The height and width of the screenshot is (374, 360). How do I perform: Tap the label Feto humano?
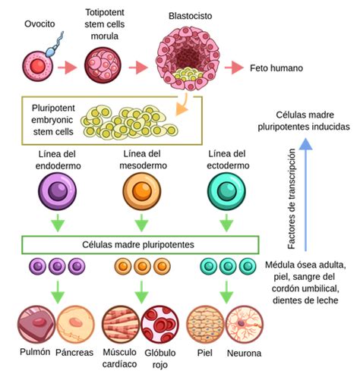pos(276,68)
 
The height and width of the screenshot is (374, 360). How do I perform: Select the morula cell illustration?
pos(103,65)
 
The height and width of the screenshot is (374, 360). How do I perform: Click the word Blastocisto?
pos(191,16)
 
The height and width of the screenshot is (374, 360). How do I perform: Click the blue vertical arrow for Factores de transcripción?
pos(305,194)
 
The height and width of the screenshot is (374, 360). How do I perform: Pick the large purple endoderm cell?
pos(58,191)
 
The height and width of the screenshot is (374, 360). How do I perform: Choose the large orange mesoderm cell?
pos(142,191)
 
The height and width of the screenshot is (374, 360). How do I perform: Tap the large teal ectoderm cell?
pos(226,191)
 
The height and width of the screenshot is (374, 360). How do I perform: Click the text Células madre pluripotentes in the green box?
pos(138,245)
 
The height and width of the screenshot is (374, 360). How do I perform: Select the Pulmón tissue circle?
pos(36,325)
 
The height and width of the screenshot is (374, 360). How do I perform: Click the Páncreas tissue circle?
pos(75,325)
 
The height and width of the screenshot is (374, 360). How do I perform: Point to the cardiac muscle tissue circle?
pos(121,325)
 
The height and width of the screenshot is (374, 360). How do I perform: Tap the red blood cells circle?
pos(159,325)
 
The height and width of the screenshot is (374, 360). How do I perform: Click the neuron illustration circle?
pos(245,325)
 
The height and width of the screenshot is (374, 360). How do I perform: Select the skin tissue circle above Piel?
pos(205,325)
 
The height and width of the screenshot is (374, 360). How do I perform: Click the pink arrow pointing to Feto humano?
pos(234,68)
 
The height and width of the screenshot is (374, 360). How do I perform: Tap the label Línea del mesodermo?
pos(143,159)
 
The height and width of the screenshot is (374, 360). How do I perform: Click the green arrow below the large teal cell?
pos(226,223)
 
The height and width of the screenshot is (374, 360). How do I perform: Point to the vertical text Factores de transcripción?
pos(292,199)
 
